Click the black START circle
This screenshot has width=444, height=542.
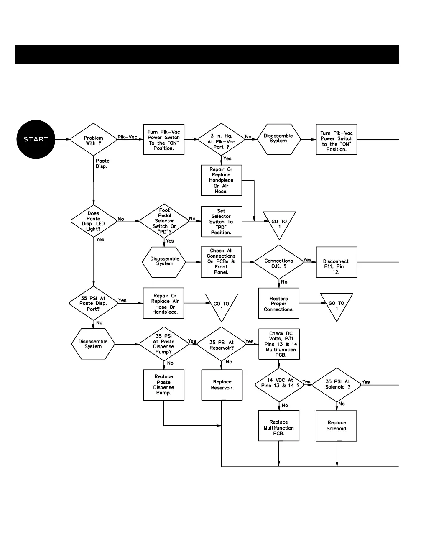(x=36, y=139)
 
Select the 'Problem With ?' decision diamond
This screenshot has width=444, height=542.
(x=93, y=140)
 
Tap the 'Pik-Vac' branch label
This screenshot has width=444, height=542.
(x=127, y=137)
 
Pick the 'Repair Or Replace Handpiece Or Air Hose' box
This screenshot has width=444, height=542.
(x=221, y=180)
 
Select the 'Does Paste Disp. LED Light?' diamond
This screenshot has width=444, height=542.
(x=93, y=221)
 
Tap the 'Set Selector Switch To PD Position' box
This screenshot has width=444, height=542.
(x=221, y=222)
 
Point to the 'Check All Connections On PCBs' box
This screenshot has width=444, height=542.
(x=221, y=262)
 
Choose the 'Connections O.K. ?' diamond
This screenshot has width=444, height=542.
(x=278, y=263)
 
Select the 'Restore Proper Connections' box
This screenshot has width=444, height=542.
(x=278, y=304)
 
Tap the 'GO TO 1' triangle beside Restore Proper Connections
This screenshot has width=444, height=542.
(x=337, y=304)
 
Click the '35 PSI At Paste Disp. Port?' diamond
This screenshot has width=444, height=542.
(x=93, y=304)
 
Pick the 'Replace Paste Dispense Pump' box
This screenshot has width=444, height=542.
(x=163, y=385)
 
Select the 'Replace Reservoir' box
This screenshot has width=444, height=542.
(x=222, y=385)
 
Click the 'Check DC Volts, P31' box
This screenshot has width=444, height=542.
(x=279, y=344)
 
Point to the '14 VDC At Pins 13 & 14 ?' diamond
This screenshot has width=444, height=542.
(x=279, y=384)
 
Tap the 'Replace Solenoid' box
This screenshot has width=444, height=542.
(x=337, y=426)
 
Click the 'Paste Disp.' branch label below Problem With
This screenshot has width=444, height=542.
(x=102, y=164)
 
